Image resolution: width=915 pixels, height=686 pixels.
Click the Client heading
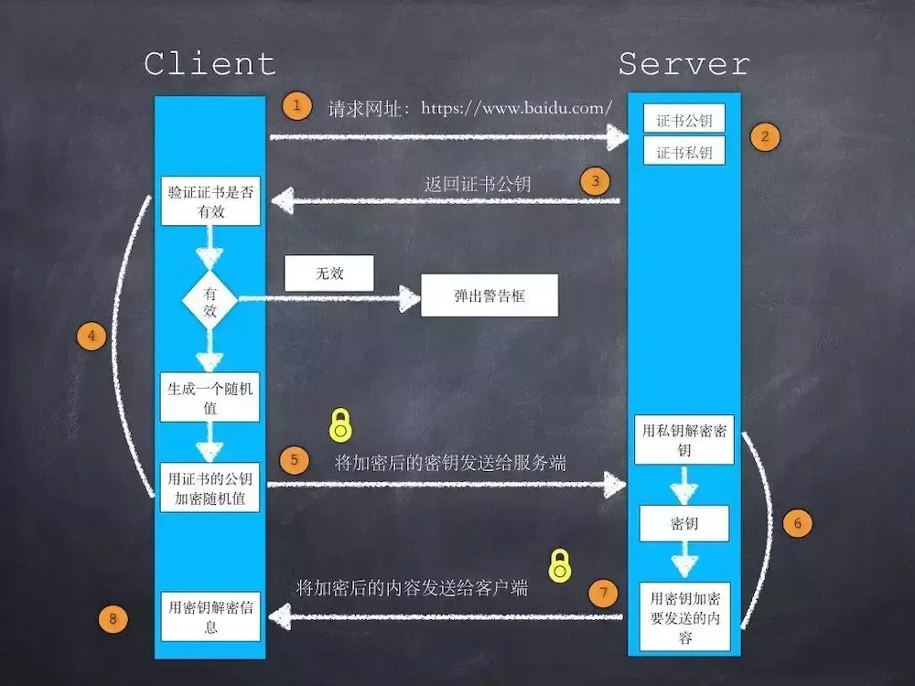(x=210, y=64)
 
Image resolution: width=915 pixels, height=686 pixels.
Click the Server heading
(x=684, y=64)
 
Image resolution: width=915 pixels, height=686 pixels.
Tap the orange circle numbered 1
(x=296, y=105)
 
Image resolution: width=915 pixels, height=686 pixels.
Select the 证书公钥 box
(x=684, y=120)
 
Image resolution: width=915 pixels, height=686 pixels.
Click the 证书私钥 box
(x=684, y=152)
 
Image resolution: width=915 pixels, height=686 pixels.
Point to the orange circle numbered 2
(x=765, y=137)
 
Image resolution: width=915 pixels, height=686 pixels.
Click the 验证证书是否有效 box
(x=210, y=201)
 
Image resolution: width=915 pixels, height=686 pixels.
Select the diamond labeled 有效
(x=210, y=299)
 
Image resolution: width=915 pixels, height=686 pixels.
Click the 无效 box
(x=329, y=273)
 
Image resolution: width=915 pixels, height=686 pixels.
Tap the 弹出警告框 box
(x=490, y=297)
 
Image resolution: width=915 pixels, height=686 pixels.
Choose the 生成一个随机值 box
(x=210, y=397)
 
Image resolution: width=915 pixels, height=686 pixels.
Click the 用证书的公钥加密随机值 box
(x=210, y=488)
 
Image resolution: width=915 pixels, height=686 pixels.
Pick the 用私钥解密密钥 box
(x=684, y=440)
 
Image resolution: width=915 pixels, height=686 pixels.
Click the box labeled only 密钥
(x=684, y=524)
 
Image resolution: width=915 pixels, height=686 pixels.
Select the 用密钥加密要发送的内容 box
(x=684, y=617)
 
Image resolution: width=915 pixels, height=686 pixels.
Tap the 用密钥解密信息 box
(x=210, y=616)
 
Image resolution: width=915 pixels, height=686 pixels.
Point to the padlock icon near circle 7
(x=559, y=565)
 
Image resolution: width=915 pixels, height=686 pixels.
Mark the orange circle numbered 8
(x=113, y=619)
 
